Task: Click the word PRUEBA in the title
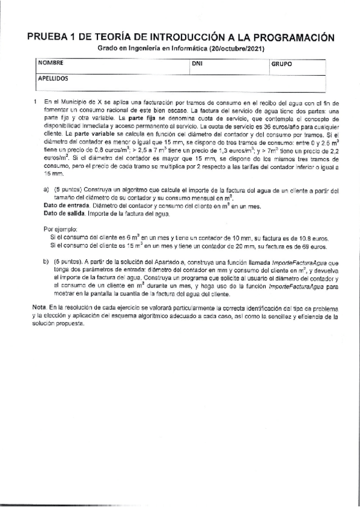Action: coord(49,37)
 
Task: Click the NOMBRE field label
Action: coord(50,63)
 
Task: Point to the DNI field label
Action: coord(197,63)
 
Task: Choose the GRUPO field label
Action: coord(281,63)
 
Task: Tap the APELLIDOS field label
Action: coord(53,78)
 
